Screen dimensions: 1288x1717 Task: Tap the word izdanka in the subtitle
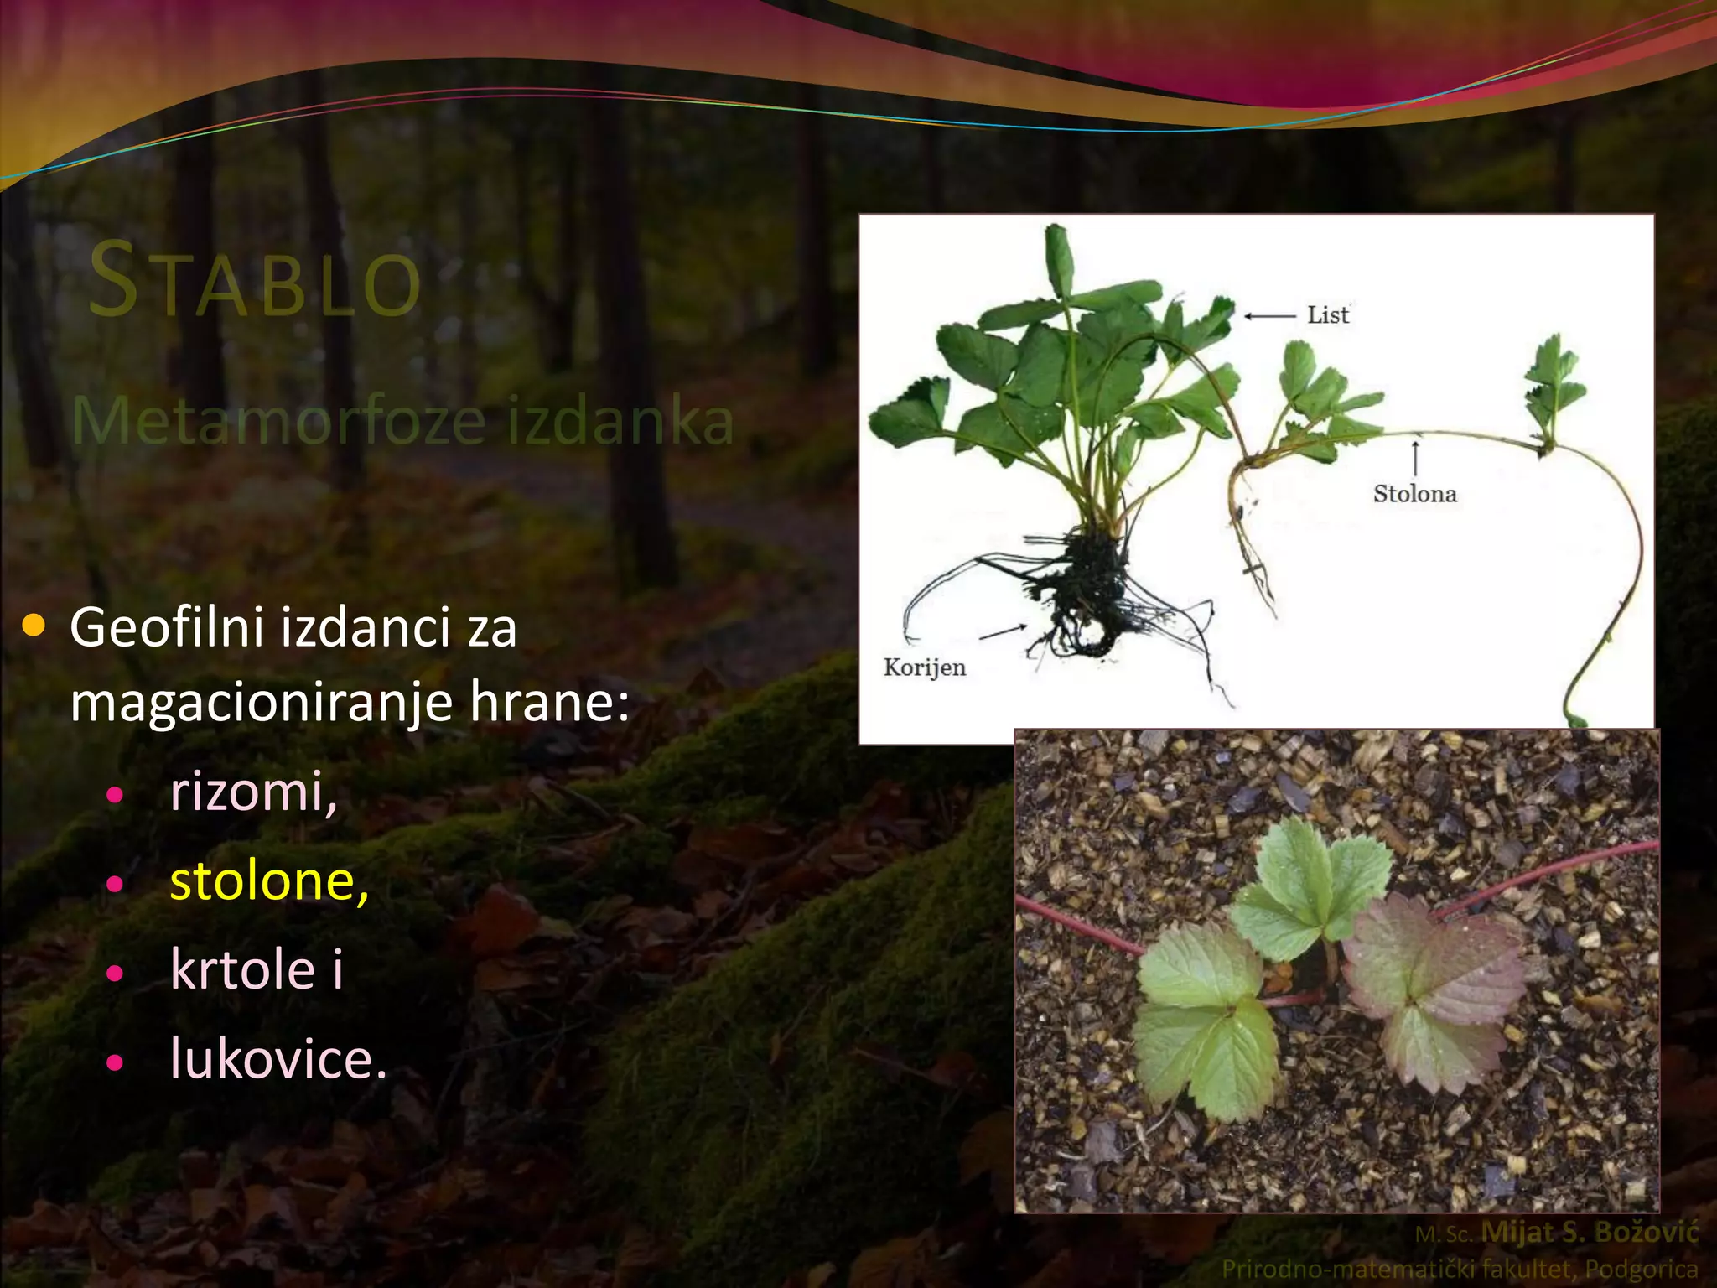tap(621, 420)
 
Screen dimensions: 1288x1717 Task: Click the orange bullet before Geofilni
tap(34, 625)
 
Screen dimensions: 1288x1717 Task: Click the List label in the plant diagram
tap(1328, 315)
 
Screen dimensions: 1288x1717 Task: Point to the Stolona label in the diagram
tap(1414, 493)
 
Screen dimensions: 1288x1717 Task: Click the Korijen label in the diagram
tap(925, 667)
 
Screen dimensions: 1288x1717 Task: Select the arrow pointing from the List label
tap(1269, 316)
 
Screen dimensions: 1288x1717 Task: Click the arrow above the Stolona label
tap(1415, 456)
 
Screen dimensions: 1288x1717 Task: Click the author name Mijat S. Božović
tap(1589, 1231)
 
